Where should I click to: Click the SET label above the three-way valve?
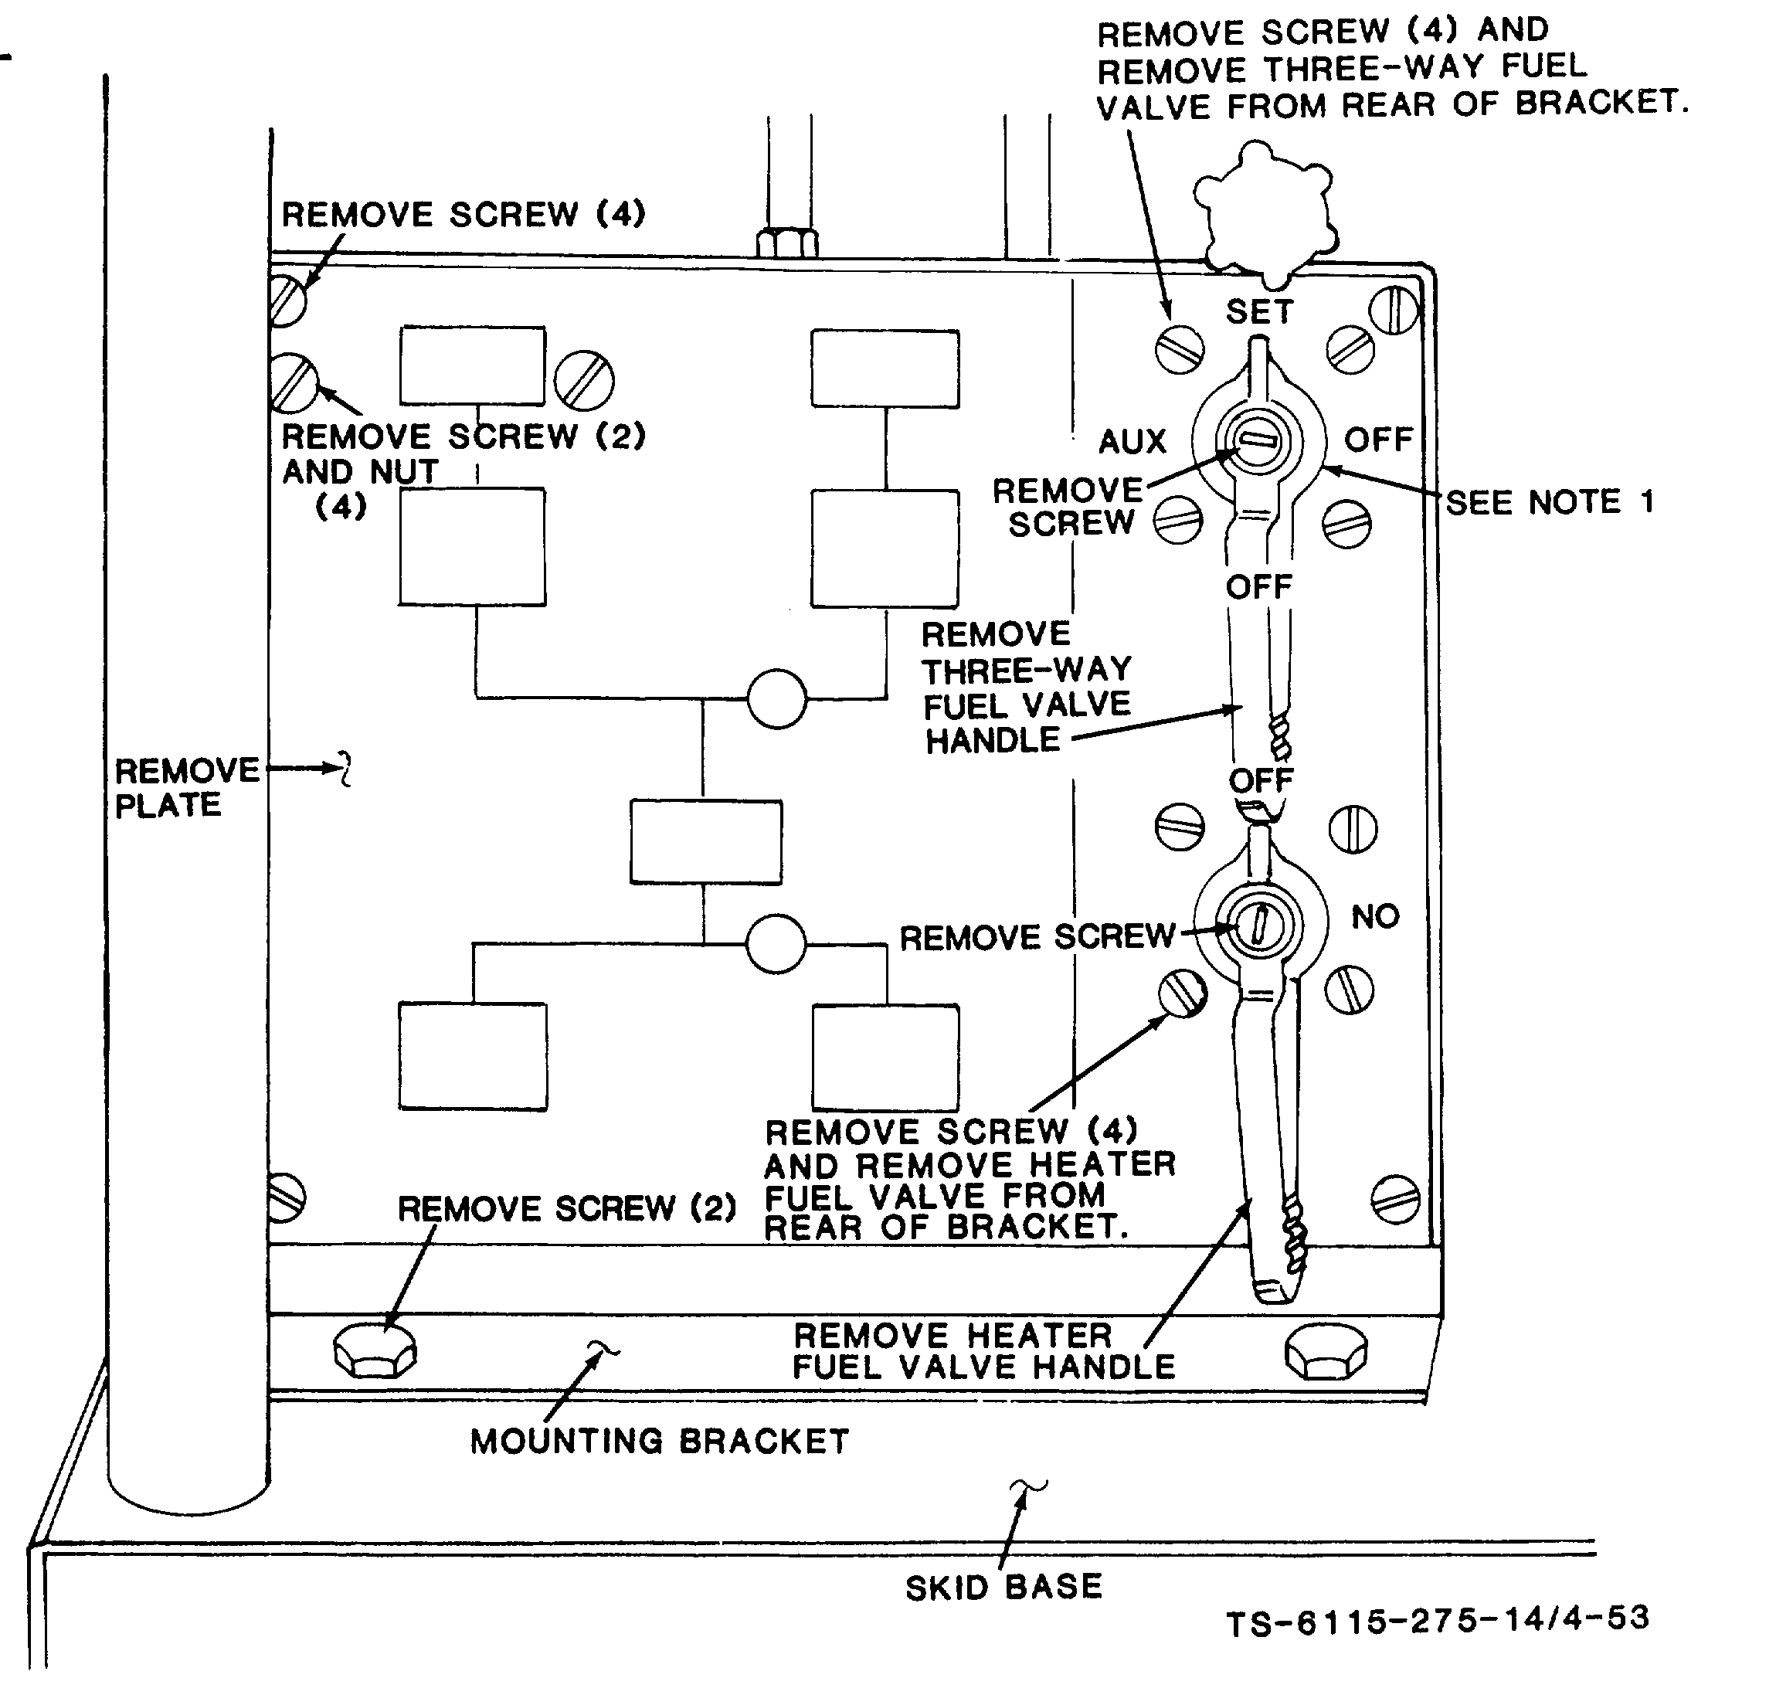(1258, 311)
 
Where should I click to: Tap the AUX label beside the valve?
(1132, 441)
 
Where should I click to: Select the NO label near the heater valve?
(1375, 916)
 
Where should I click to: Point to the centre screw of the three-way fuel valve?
(1257, 441)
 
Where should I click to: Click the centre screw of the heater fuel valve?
(1259, 924)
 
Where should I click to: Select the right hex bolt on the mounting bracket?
(1326, 1350)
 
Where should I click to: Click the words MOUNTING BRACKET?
(660, 1441)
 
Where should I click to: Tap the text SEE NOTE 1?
(1550, 502)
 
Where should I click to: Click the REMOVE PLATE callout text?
(186, 787)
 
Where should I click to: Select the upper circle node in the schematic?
(776, 698)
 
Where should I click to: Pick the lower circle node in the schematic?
(776, 944)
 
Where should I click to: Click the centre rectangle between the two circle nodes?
(705, 842)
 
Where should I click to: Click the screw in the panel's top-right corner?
(1394, 311)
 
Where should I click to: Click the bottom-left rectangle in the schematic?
(472, 1056)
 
